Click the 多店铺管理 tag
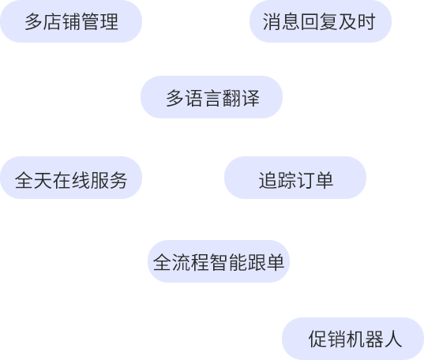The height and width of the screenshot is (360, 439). pyautogui.click(x=71, y=21)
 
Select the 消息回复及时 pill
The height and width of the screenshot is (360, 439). pyautogui.click(x=321, y=21)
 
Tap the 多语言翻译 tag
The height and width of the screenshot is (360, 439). pyautogui.click(x=212, y=97)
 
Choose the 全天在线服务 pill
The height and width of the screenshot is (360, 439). pyautogui.click(x=71, y=178)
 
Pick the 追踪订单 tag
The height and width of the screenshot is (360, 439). pyautogui.click(x=295, y=178)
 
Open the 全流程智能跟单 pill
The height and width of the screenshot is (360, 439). pyautogui.click(x=219, y=261)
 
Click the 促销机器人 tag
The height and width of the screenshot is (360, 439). pyautogui.click(x=353, y=339)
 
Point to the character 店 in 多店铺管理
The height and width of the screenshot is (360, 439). pyautogui.click(x=52, y=21)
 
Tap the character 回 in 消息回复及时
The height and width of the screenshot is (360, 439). pyautogui.click(x=309, y=21)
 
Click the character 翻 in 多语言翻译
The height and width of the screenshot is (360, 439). pyautogui.click(x=231, y=98)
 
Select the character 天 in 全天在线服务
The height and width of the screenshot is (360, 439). pyautogui.click(x=43, y=180)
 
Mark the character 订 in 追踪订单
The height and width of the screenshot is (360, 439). pyautogui.click(x=306, y=180)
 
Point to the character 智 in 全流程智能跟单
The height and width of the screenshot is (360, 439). pyautogui.click(x=219, y=262)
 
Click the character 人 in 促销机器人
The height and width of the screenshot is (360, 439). pyautogui.click(x=393, y=339)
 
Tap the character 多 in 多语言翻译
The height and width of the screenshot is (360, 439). pyautogui.click(x=175, y=98)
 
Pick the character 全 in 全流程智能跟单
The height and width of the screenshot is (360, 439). pyautogui.click(x=162, y=262)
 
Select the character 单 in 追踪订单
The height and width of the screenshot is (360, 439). pyautogui.click(x=325, y=180)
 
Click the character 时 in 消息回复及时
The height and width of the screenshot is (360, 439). pyautogui.click(x=366, y=21)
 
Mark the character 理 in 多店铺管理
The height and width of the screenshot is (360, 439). pyautogui.click(x=109, y=21)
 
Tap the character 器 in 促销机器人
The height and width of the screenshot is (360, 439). pyautogui.click(x=374, y=339)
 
